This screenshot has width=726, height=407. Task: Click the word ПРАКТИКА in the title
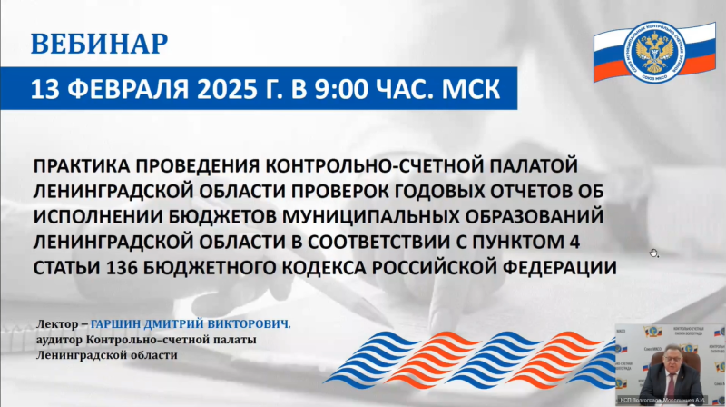pyautogui.click(x=85, y=167)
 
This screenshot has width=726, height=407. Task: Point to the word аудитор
pyautogui.click(x=60, y=340)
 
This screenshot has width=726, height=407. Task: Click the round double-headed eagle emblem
pyautogui.click(x=653, y=49)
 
